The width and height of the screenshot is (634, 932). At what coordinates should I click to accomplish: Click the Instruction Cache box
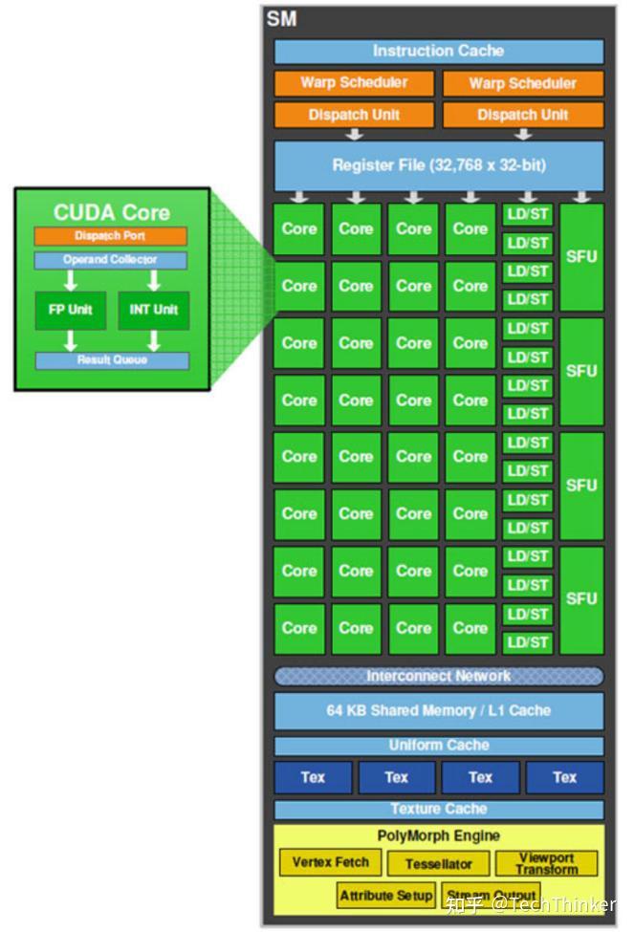(x=439, y=52)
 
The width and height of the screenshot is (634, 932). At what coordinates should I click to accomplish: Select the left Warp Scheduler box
(x=354, y=83)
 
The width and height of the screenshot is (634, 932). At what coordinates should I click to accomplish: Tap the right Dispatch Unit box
(x=523, y=115)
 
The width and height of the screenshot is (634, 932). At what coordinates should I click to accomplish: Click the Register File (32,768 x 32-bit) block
(x=439, y=165)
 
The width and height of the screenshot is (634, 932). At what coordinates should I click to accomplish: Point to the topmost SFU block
(x=581, y=256)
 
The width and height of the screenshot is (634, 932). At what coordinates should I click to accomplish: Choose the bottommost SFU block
(x=581, y=599)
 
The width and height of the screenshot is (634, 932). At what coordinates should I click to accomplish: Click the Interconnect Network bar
(x=439, y=676)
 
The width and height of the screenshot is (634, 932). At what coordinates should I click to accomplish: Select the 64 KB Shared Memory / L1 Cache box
(x=439, y=711)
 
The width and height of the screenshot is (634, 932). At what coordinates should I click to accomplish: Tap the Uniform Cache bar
(x=439, y=746)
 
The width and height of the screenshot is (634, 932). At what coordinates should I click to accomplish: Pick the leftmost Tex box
(x=313, y=777)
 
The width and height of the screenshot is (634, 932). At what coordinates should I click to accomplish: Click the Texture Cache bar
(x=439, y=810)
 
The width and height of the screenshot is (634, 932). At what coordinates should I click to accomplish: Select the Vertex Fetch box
(x=331, y=862)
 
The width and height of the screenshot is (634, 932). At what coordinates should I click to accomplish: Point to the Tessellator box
(x=439, y=864)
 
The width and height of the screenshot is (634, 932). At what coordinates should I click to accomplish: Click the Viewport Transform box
(x=547, y=863)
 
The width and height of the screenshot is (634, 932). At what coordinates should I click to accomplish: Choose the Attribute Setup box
(x=386, y=896)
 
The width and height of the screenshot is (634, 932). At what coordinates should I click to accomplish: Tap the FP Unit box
(x=71, y=311)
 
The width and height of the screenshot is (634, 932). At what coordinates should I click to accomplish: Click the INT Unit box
(x=153, y=311)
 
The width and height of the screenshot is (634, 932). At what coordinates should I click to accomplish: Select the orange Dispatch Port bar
(x=110, y=236)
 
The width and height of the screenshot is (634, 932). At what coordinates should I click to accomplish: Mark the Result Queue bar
(x=112, y=360)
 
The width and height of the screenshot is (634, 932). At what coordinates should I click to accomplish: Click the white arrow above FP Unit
(x=71, y=281)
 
